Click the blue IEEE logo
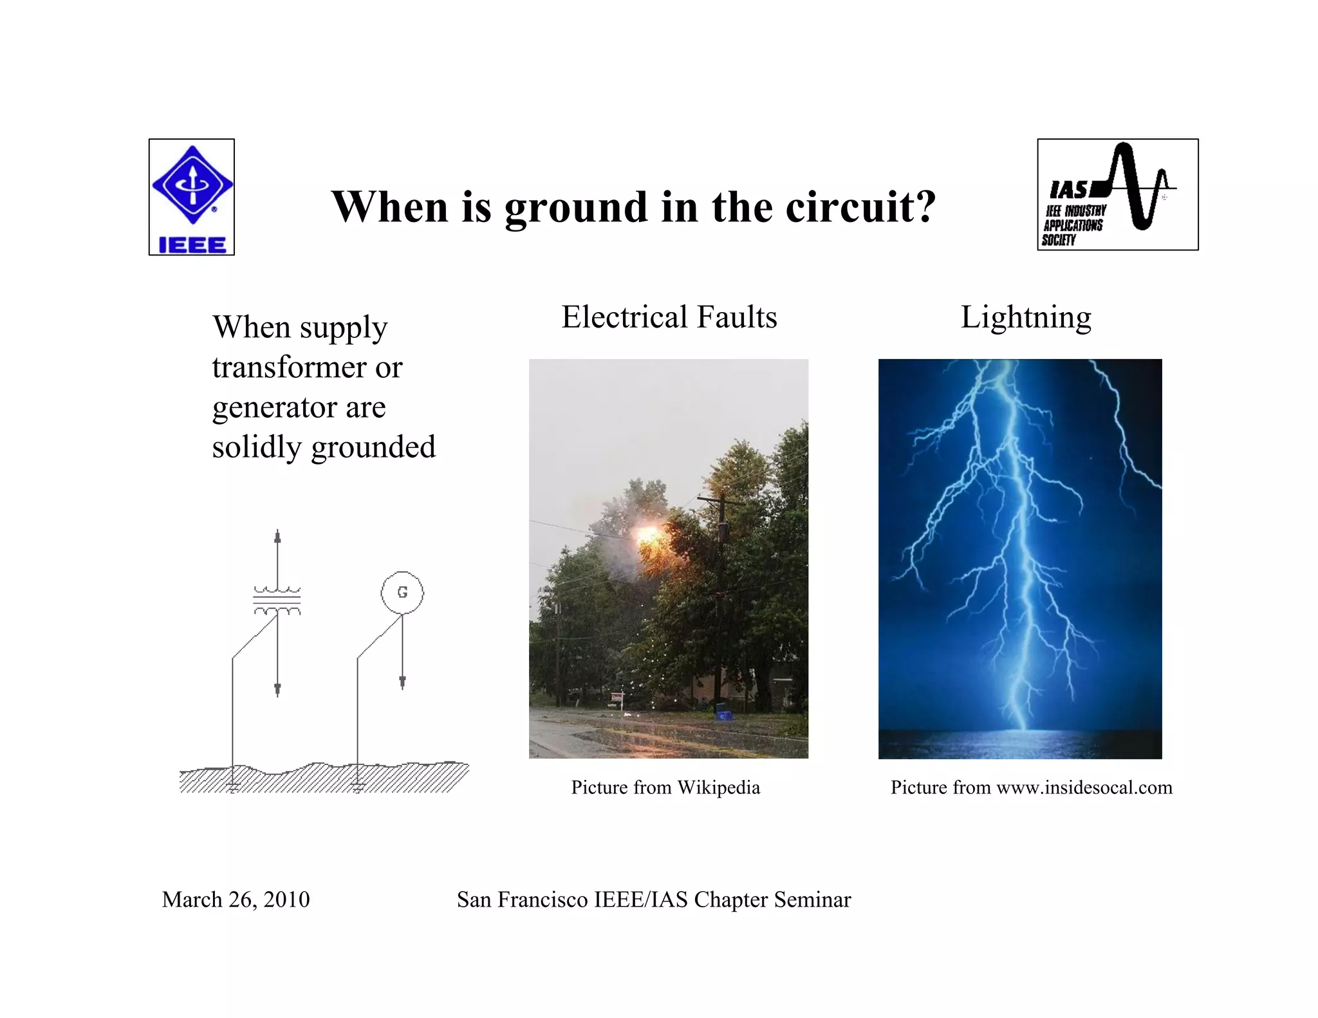click(192, 196)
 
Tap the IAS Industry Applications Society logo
click(1117, 194)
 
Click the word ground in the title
click(576, 207)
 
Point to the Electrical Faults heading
click(669, 317)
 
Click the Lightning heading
click(1026, 317)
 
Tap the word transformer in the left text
click(280, 367)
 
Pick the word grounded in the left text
click(373, 447)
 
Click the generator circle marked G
click(402, 592)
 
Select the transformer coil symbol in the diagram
click(277, 600)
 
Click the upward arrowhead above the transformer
click(277, 536)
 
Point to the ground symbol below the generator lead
click(358, 786)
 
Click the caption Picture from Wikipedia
click(665, 788)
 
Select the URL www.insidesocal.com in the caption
click(1084, 788)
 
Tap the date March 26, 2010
click(236, 900)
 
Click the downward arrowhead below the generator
click(402, 682)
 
